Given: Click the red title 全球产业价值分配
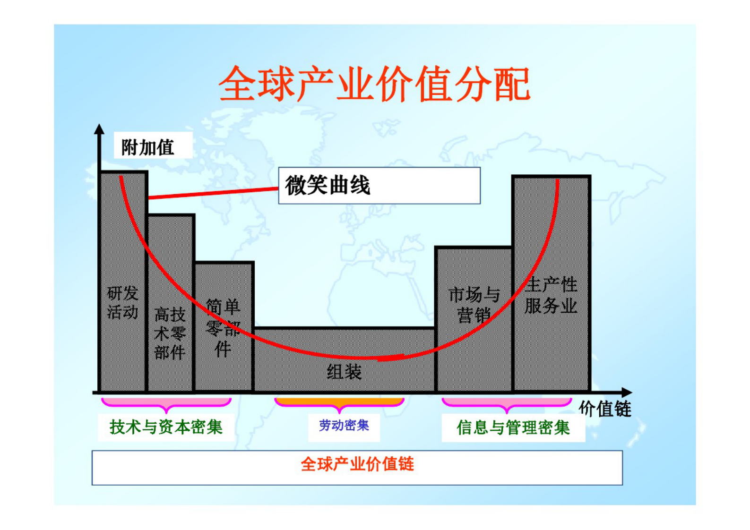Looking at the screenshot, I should click(x=374, y=84).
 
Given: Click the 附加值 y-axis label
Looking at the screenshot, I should click(x=148, y=147).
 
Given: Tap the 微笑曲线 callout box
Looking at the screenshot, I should click(x=379, y=186).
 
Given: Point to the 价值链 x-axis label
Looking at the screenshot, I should click(x=605, y=409).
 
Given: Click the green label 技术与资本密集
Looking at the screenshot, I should click(x=166, y=427).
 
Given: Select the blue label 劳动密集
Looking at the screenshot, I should click(x=344, y=426).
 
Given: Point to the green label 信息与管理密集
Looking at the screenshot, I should click(x=513, y=427).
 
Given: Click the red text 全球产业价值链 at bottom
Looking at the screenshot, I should click(x=357, y=464).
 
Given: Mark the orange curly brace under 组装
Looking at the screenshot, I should click(x=339, y=403).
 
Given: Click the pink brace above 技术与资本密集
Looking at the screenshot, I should click(x=166, y=404).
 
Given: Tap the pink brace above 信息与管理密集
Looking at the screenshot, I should click(x=507, y=404).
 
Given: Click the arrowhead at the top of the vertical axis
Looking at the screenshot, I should click(x=99, y=129).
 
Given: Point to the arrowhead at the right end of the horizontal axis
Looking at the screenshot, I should click(x=627, y=393).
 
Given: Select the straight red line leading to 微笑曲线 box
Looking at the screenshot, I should click(x=213, y=193).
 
